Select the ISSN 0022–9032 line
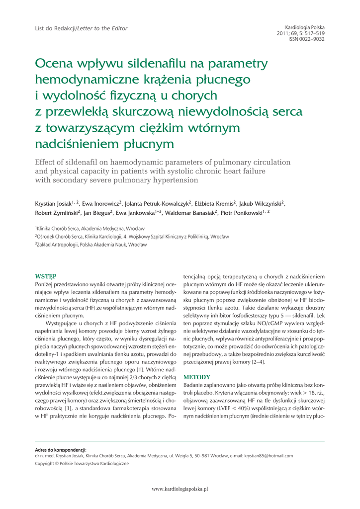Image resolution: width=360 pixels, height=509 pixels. (306, 39)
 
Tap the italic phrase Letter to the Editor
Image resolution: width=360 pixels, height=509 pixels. (102, 29)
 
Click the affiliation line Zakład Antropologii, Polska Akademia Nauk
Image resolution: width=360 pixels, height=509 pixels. (91, 245)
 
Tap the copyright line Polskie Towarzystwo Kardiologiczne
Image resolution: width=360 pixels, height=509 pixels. (82, 463)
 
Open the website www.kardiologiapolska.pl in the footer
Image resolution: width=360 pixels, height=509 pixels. (180, 489)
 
